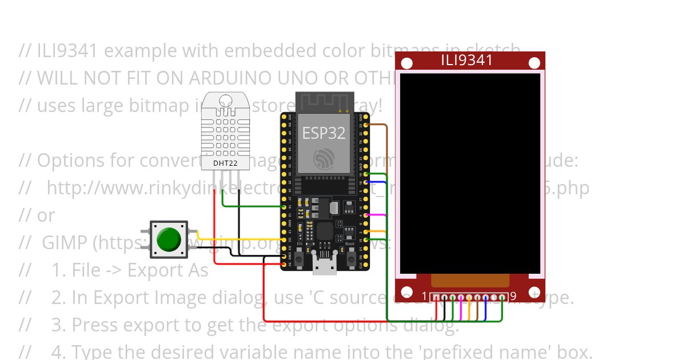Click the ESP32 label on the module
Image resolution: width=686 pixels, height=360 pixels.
click(x=324, y=133)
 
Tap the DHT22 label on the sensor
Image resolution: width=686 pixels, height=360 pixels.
click(x=225, y=163)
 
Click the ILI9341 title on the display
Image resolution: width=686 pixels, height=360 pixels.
click(x=466, y=60)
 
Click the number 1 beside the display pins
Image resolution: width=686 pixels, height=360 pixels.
click(x=424, y=297)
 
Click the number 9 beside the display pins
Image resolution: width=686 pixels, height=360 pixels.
click(x=513, y=297)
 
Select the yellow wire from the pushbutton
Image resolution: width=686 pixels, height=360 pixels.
click(x=240, y=239)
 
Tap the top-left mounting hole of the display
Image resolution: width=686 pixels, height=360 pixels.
click(x=407, y=63)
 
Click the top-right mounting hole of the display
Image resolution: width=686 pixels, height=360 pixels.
click(x=534, y=63)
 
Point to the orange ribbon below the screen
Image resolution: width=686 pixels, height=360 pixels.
click(x=469, y=280)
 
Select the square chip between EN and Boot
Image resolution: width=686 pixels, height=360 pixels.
click(x=325, y=231)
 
